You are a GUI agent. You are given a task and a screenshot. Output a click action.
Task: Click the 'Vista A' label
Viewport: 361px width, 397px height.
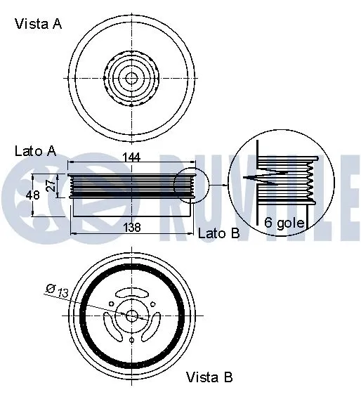pyautogui.click(x=38, y=24)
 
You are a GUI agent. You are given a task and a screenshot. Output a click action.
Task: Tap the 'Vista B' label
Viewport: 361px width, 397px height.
pyautogui.click(x=209, y=377)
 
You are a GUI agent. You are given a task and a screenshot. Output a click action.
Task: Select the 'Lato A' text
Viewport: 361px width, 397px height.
pyautogui.click(x=35, y=151)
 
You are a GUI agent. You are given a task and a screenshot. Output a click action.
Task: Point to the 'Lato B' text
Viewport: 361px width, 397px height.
pyautogui.click(x=219, y=233)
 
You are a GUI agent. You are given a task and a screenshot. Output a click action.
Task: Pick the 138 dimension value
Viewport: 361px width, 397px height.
pyautogui.click(x=131, y=227)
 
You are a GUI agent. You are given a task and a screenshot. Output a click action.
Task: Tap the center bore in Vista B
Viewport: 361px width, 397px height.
pyautogui.click(x=131, y=315)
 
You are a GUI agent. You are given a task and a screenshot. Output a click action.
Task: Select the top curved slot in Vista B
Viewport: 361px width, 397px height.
pyautogui.click(x=131, y=292)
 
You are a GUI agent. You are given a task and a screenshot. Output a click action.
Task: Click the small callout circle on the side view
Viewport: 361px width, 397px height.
pyautogui.click(x=191, y=186)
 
